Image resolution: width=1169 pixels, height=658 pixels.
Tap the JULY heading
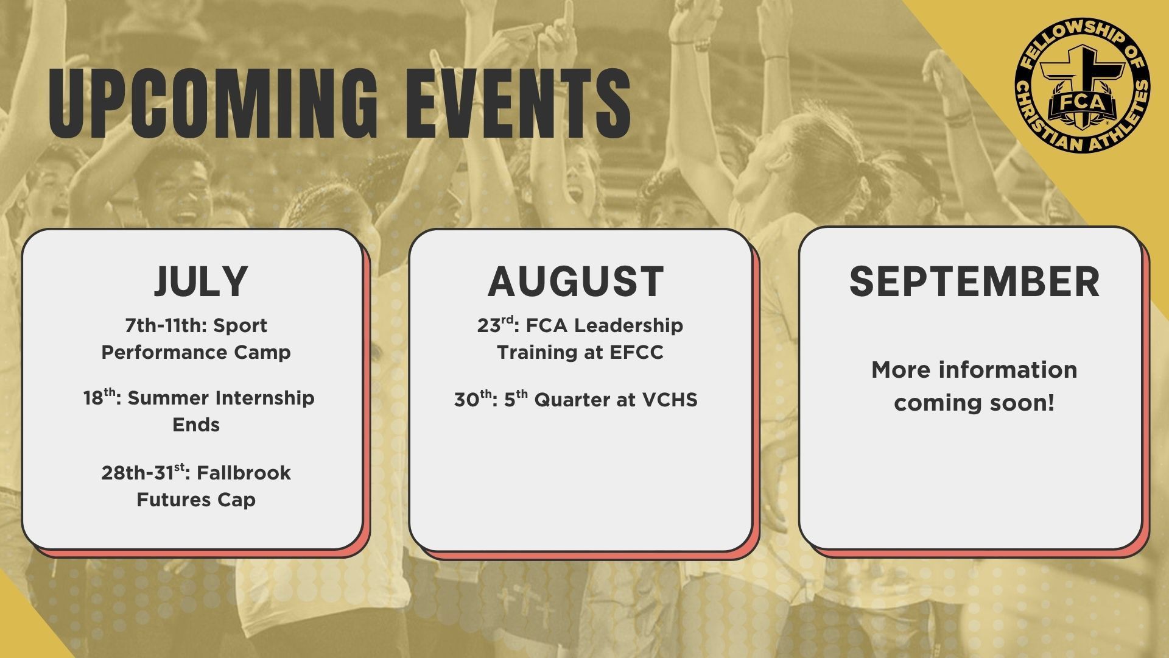(201, 281)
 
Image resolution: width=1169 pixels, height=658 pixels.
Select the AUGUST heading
(576, 281)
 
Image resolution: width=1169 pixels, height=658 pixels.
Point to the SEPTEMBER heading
(974, 281)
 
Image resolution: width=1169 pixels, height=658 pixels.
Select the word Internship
(265, 398)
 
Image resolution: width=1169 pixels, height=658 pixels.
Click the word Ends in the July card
(196, 425)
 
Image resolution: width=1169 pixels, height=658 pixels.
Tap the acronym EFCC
(636, 353)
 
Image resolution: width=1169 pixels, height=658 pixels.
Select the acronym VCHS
(670, 400)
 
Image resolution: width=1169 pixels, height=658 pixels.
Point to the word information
(1008, 370)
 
